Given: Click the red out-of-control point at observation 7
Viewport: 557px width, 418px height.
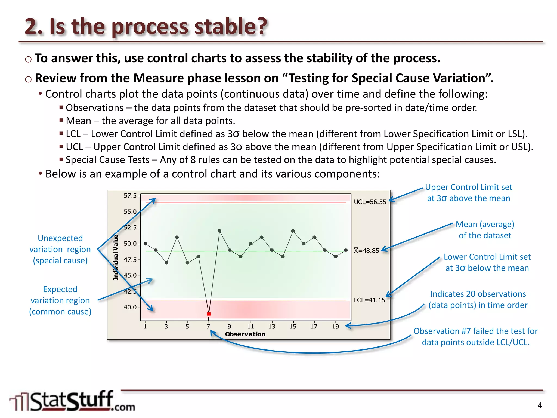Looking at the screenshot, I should coord(209,314).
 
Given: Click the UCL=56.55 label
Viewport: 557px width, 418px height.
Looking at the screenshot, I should coord(370,202).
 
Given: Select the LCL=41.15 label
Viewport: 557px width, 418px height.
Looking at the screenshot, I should coord(369,300).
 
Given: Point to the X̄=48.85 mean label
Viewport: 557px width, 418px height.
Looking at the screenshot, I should coord(366,251).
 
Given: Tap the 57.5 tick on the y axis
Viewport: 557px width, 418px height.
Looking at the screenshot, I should coord(130,196).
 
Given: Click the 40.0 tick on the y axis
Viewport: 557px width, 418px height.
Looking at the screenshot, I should coord(130,307).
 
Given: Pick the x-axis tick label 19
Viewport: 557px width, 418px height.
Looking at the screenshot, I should coord(335,327).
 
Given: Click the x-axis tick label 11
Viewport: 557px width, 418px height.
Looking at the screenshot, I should coord(250,327).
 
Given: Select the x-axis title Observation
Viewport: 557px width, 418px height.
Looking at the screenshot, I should coord(245,334).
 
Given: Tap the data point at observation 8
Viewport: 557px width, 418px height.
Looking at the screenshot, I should coord(219,231).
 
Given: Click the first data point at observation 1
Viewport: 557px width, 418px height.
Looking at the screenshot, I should coord(146,244).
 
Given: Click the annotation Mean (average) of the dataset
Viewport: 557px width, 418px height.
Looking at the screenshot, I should coord(485,230).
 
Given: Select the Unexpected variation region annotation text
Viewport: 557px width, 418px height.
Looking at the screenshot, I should coord(60,249).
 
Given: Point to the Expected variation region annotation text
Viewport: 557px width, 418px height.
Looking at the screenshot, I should coord(60,300).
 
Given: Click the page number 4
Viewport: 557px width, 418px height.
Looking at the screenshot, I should coord(540,405).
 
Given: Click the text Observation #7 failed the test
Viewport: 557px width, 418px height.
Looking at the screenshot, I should coord(475,331).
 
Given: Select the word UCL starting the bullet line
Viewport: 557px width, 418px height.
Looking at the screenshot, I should coord(74,147).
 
